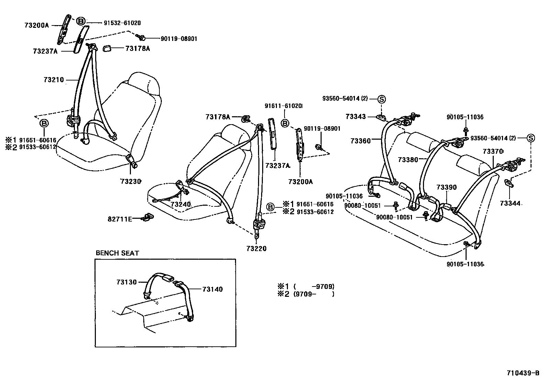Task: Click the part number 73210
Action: tap(54, 80)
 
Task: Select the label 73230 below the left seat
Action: tap(131, 181)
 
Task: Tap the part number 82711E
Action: tap(120, 219)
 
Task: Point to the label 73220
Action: tap(256, 248)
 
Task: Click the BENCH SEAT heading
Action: tap(117, 253)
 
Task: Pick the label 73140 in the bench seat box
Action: tap(212, 289)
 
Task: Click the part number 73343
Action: tap(356, 117)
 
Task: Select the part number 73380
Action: tap(408, 160)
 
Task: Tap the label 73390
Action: tap(447, 187)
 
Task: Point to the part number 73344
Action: tap(510, 204)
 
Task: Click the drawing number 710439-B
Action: tap(523, 373)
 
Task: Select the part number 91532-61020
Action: tap(122, 23)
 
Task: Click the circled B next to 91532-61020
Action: tap(80, 21)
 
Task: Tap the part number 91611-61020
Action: tap(283, 106)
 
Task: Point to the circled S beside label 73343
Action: tap(381, 99)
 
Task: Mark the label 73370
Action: tap(493, 151)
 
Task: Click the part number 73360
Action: tap(361, 141)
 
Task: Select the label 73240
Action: tap(180, 204)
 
